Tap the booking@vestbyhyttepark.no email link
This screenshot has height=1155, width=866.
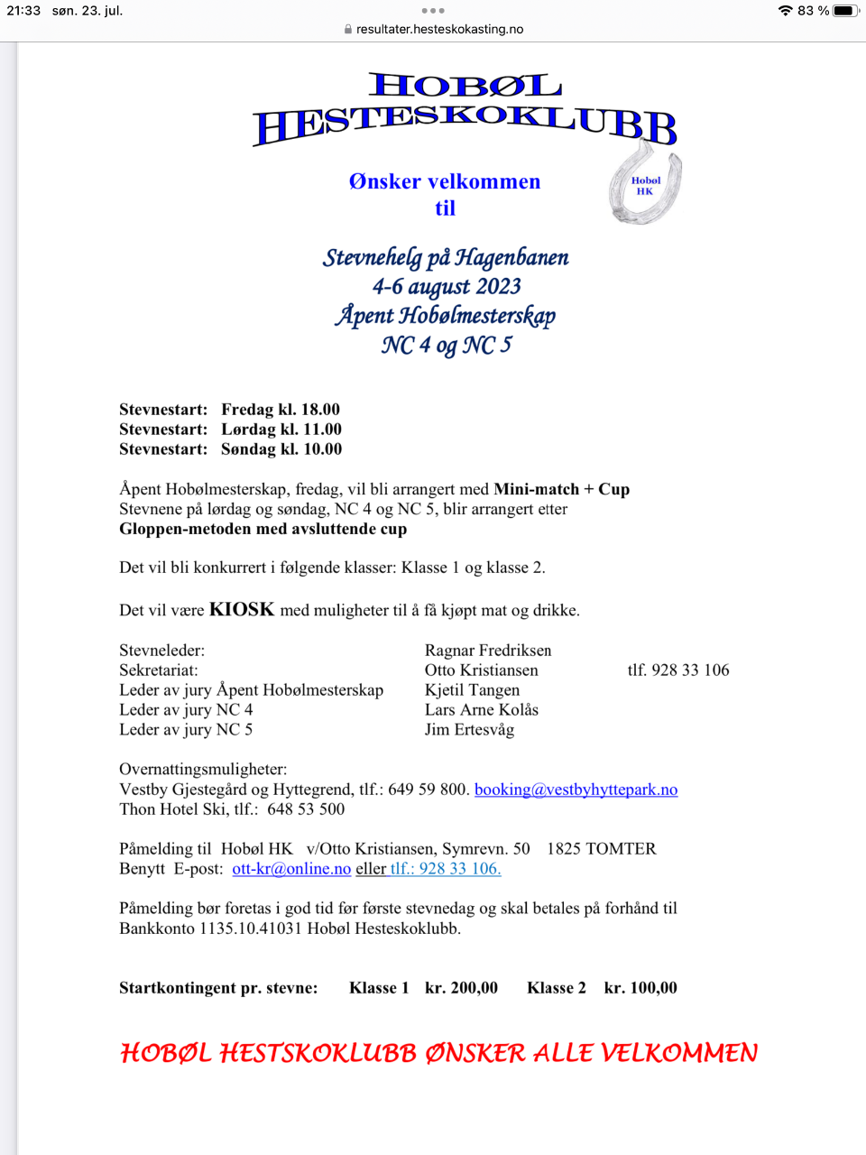pos(576,790)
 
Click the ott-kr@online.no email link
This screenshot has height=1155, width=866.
pos(291,869)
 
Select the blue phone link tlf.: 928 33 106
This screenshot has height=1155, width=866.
pos(446,869)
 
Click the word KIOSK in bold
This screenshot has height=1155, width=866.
pos(242,610)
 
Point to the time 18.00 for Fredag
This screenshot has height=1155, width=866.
pos(320,410)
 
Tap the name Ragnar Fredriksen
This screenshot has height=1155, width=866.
pos(488,651)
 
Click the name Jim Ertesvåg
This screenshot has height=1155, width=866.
pos(469,730)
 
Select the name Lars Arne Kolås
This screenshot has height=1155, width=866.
pos(482,710)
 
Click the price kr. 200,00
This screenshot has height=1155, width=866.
pos(461,988)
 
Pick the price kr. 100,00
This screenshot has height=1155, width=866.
pos(640,988)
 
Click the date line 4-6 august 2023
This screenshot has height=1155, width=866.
pos(447,287)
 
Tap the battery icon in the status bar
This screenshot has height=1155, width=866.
pos(845,11)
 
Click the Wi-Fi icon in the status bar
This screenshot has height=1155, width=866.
pos(785,11)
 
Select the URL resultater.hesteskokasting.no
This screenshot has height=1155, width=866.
pos(439,29)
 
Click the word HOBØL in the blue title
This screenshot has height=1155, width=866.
pos(465,86)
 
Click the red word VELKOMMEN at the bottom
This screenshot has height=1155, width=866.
pos(679,1053)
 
